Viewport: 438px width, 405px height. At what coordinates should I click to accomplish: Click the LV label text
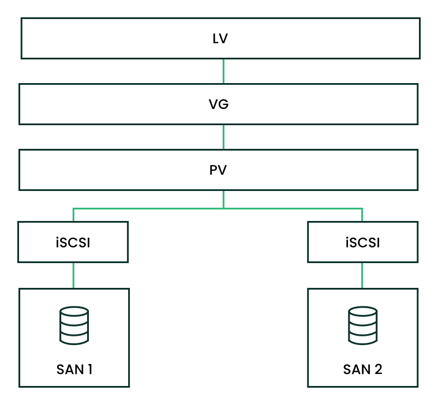[x=220, y=39]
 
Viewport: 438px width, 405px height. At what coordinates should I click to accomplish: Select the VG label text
[x=219, y=104]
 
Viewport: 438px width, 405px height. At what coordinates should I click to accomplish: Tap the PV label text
[x=218, y=171]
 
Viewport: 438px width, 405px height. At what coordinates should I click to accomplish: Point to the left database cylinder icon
[x=74, y=325]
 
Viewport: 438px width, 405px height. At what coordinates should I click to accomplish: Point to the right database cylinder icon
[x=363, y=325]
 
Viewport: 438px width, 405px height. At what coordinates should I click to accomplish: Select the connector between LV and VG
[x=223, y=72]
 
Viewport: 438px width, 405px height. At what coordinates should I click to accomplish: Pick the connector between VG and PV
[x=223, y=137]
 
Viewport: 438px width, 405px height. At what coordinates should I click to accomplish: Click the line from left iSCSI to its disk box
[x=73, y=275]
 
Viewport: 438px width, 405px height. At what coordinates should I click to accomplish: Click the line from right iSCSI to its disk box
[x=362, y=275]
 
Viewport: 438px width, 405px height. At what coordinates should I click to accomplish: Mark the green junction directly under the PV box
[x=223, y=208]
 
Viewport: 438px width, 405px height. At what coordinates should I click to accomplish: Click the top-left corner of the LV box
[x=22, y=19]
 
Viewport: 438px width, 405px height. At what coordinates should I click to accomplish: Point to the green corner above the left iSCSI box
[x=73, y=209]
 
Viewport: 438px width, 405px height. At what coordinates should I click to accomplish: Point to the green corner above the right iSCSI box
[x=362, y=209]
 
